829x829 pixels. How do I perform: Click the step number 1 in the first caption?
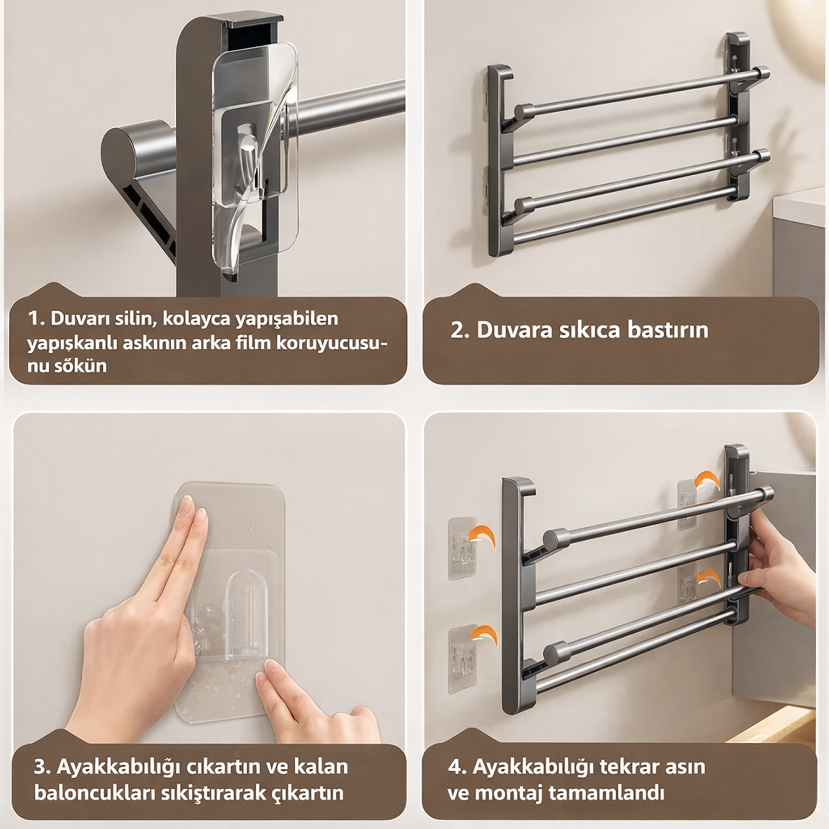point(35,319)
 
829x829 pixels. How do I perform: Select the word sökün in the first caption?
point(81,366)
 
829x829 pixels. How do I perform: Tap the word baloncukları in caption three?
point(95,793)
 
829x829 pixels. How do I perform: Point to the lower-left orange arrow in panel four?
point(482,635)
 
